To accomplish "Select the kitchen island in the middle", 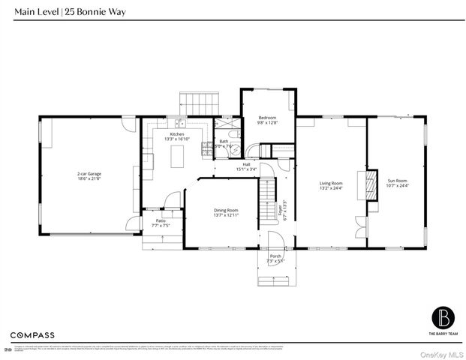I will coord(179,156).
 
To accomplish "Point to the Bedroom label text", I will coord(267,118).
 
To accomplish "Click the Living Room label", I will coord(331,183).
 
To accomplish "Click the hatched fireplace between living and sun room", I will coord(368,184).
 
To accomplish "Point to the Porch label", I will coord(275,256).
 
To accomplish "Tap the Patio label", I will coord(161,220).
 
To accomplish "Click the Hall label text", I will coord(246,164).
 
